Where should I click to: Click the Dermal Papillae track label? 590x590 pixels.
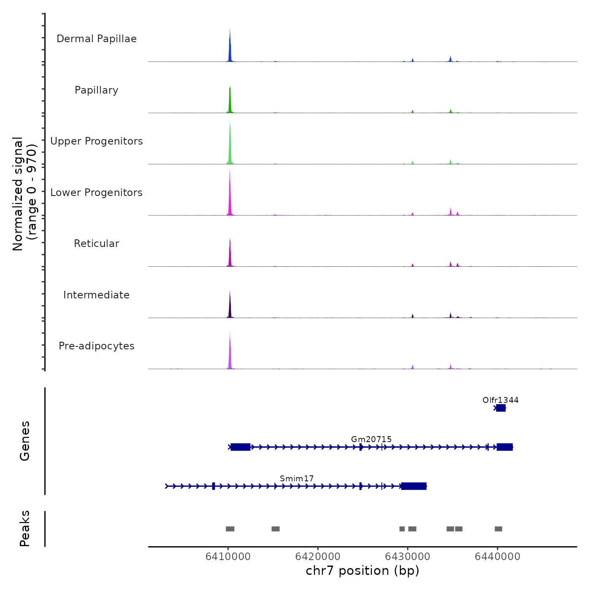pos(97,39)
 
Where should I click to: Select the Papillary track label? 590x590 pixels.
pos(97,90)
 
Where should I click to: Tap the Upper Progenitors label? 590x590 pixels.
pos(97,141)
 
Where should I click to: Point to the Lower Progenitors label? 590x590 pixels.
pos(97,193)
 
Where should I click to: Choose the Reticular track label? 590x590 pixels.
pos(97,244)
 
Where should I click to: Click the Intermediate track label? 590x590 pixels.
pos(97,295)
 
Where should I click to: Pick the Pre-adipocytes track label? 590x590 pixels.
pos(97,346)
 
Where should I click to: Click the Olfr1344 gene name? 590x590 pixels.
pos(501,400)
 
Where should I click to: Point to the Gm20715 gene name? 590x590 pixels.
pos(371,439)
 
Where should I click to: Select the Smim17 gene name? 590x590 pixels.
pos(297,478)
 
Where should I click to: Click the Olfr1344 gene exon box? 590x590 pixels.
pos(501,408)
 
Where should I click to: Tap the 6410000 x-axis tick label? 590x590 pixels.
pos(228,556)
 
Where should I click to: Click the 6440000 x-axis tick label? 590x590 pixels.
pos(497,556)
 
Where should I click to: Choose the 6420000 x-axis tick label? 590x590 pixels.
pos(318,556)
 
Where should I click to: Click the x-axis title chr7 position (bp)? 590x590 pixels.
pos(362,571)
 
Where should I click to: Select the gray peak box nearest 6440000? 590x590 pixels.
pos(499,529)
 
